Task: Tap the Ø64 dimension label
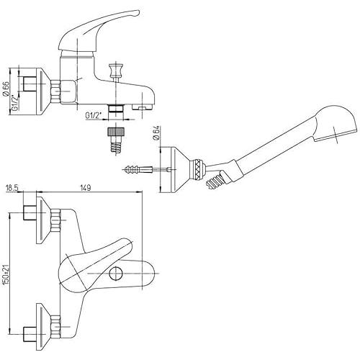point(156,134)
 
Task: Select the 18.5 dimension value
point(12,187)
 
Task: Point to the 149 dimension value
point(85,187)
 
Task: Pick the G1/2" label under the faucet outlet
point(94,115)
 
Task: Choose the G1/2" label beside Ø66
point(15,103)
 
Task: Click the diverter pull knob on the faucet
point(115,70)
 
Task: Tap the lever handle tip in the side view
point(137,13)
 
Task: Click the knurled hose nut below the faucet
point(116,132)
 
